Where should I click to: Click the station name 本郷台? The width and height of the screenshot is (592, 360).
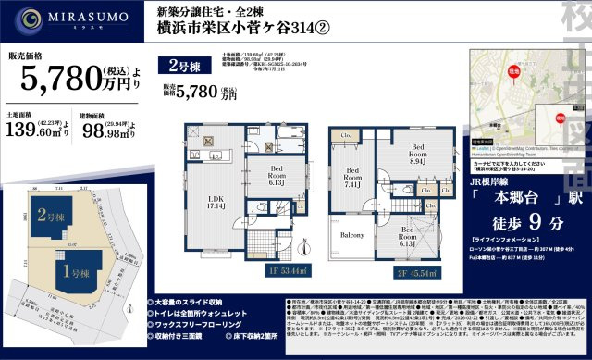tap(507, 172)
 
